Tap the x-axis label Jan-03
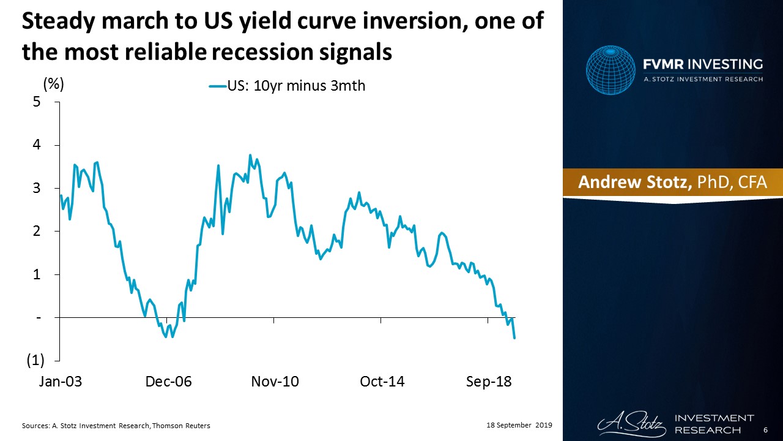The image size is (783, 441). pyautogui.click(x=61, y=382)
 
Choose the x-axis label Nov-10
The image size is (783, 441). pyautogui.click(x=275, y=382)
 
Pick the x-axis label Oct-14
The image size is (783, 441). pyautogui.click(x=382, y=382)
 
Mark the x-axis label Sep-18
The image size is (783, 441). pyautogui.click(x=489, y=382)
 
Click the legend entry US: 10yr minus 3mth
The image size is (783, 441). pyautogui.click(x=288, y=86)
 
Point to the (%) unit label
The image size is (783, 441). pyautogui.click(x=53, y=84)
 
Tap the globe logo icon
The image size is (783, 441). pyautogui.click(x=610, y=70)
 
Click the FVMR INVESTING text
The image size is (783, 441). pyautogui.click(x=702, y=64)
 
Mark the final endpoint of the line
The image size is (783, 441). pyautogui.click(x=514, y=338)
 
